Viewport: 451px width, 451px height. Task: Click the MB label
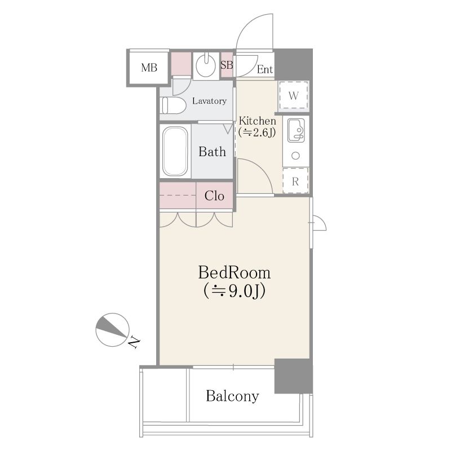pyautogui.click(x=149, y=68)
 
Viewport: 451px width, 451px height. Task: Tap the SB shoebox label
pyautogui.click(x=227, y=65)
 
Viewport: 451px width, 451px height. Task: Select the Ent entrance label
pyautogui.click(x=264, y=69)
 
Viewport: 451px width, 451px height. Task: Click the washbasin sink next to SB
pyautogui.click(x=206, y=65)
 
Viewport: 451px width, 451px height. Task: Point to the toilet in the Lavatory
pyautogui.click(x=174, y=105)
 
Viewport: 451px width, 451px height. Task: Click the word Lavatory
pyautogui.click(x=209, y=101)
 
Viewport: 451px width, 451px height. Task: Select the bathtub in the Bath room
pyautogui.click(x=175, y=151)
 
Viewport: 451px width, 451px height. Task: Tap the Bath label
pyautogui.click(x=213, y=152)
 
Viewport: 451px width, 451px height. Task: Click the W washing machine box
pyautogui.click(x=293, y=95)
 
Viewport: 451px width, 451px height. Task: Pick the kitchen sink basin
pyautogui.click(x=296, y=130)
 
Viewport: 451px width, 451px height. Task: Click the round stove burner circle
pyautogui.click(x=295, y=156)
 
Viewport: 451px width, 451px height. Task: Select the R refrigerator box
pyautogui.click(x=295, y=180)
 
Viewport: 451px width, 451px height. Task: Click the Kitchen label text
pyautogui.click(x=258, y=121)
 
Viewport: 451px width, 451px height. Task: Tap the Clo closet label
pyautogui.click(x=214, y=196)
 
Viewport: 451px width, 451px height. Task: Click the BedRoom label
pyautogui.click(x=235, y=272)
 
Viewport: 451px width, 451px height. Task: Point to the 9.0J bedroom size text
pyautogui.click(x=234, y=291)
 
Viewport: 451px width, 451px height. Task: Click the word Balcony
pyautogui.click(x=232, y=396)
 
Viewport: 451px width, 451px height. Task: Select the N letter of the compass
pyautogui.click(x=134, y=342)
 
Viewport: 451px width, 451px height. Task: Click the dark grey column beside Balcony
pyautogui.click(x=293, y=375)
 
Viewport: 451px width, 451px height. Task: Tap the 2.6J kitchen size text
pyautogui.click(x=257, y=132)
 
